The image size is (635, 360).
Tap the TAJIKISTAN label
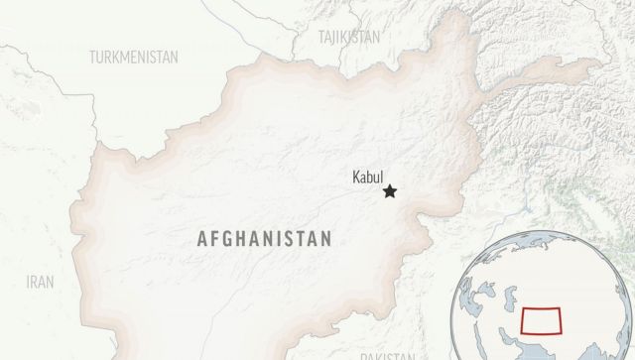point(349,37)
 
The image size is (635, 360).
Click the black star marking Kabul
point(391,191)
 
